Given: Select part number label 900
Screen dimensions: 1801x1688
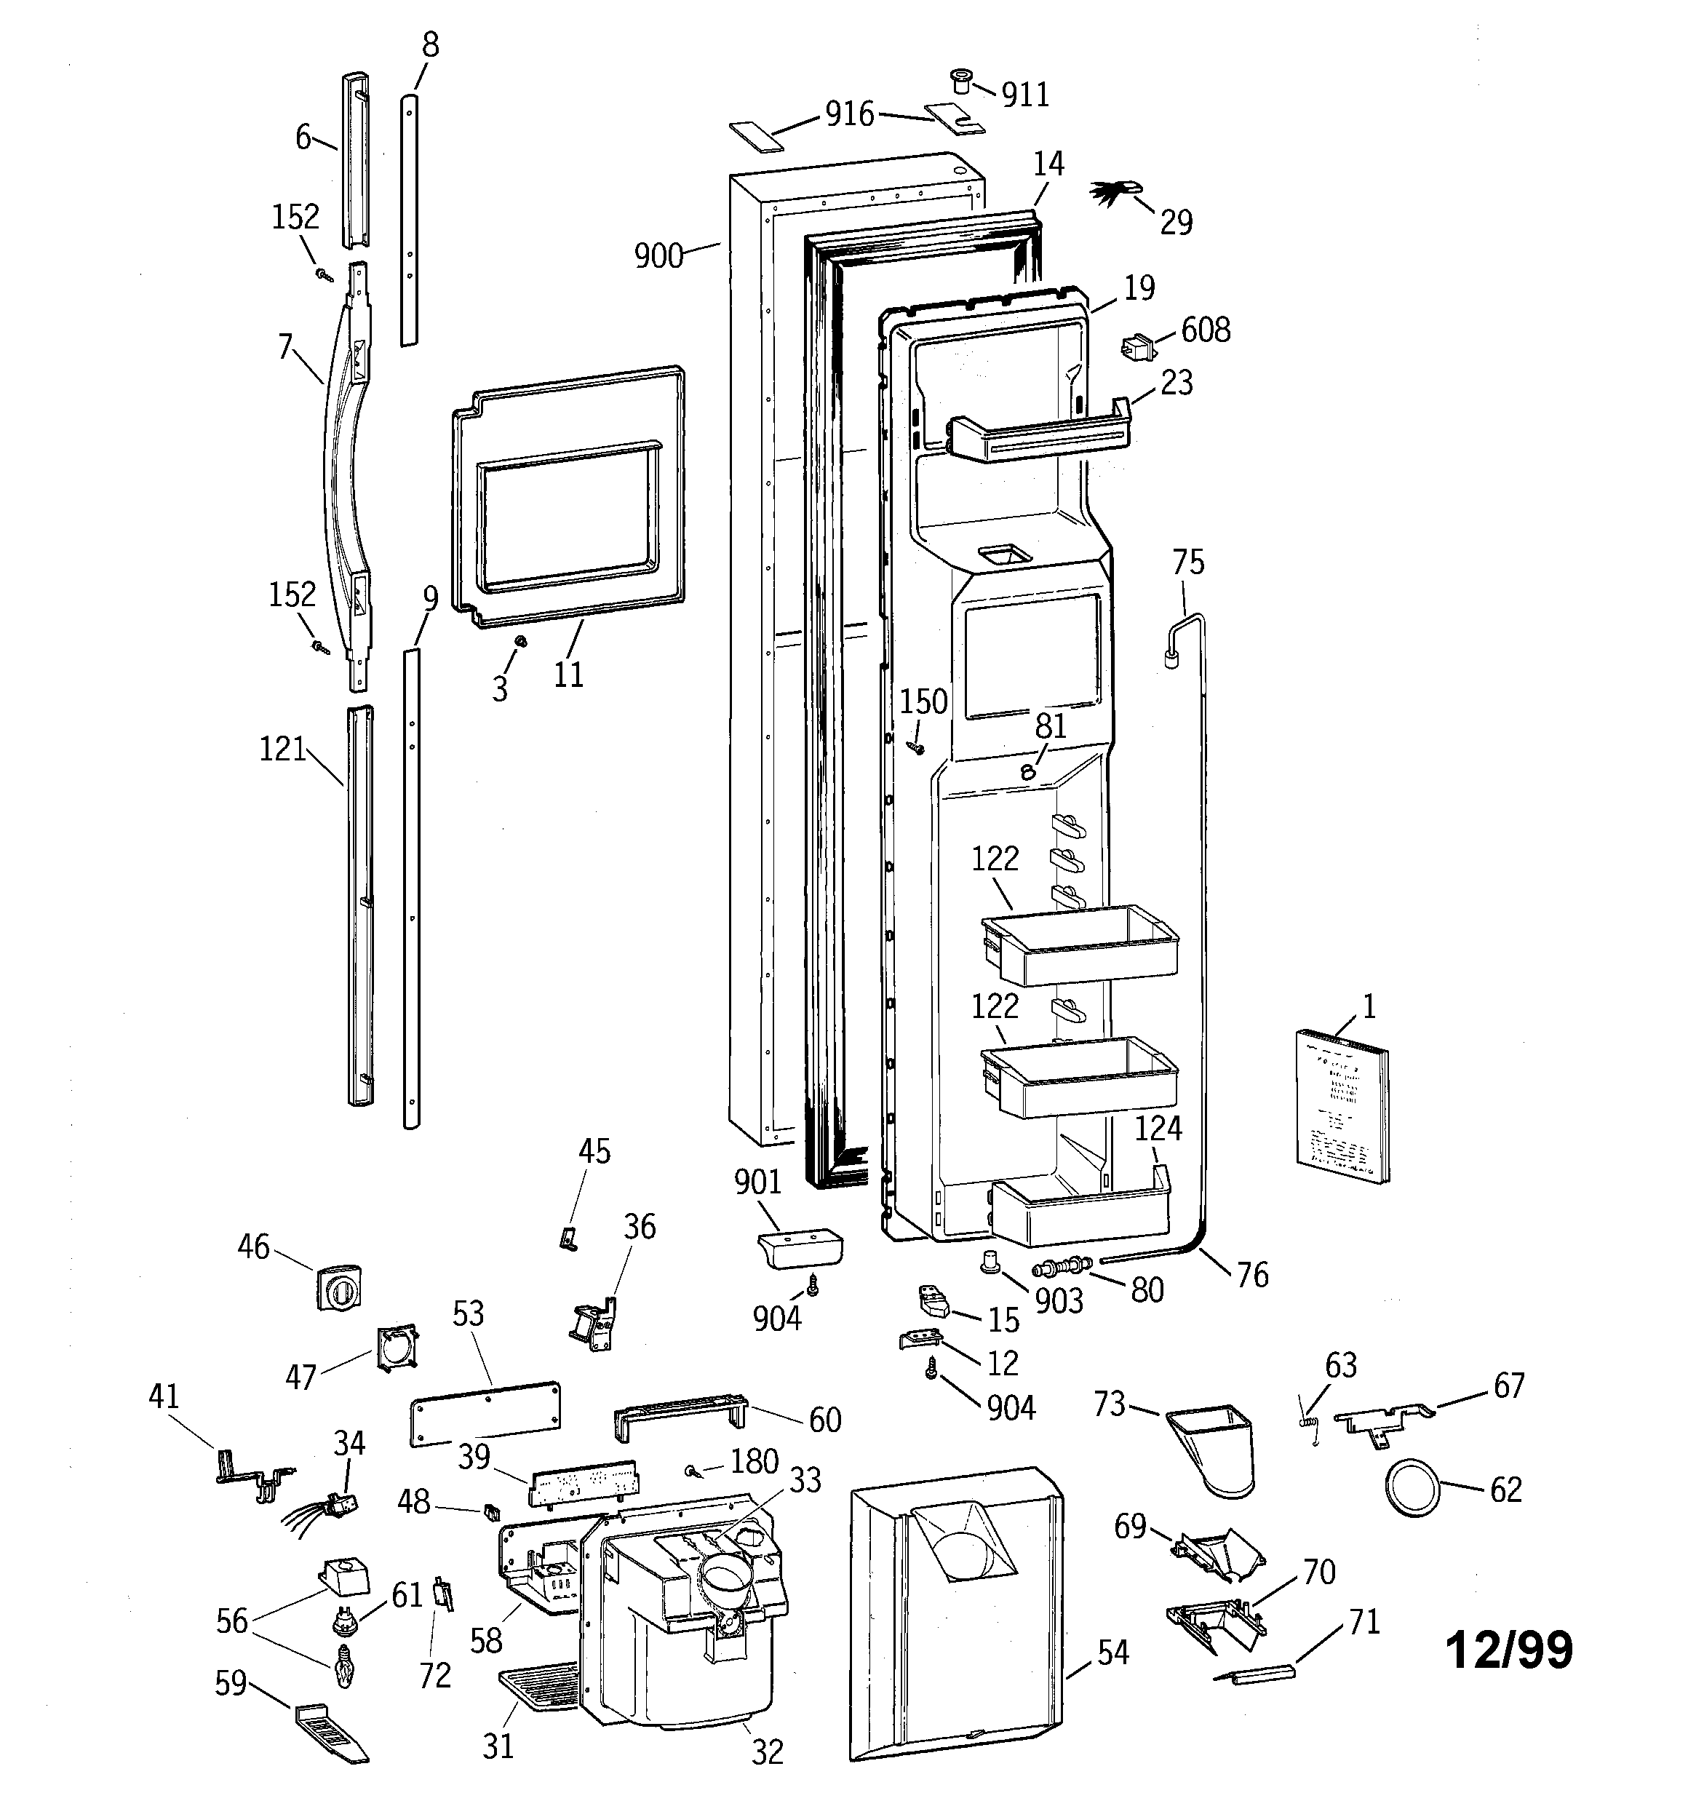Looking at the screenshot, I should click(x=658, y=256).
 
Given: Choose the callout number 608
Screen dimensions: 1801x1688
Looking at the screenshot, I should click(x=1205, y=330).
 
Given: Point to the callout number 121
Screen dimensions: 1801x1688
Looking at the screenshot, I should click(x=283, y=750).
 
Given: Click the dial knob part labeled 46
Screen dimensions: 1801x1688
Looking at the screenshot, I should click(x=337, y=1287).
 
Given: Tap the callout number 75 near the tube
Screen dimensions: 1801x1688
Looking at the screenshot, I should click(x=1188, y=562).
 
